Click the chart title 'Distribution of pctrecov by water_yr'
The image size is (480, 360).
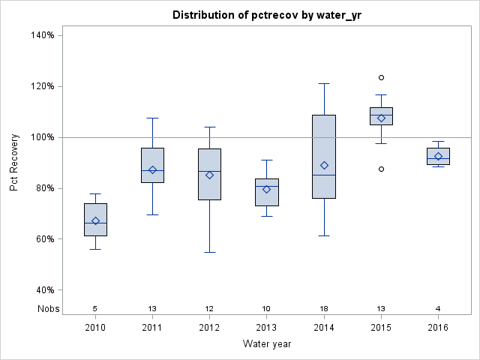tap(266, 15)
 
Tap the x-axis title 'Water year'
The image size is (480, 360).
tap(266, 343)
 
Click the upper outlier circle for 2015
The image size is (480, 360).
tap(381, 77)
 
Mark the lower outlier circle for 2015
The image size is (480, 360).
tap(381, 169)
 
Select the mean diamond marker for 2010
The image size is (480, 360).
tap(95, 220)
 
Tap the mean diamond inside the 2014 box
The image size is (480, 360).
tap(324, 166)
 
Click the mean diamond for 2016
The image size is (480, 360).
tap(438, 156)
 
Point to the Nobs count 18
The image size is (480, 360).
tap(324, 308)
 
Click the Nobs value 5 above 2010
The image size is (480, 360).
tap(95, 308)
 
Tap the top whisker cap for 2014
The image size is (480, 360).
tap(324, 83)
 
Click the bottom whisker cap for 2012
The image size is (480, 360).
tap(209, 252)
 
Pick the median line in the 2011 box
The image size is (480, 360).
tap(152, 171)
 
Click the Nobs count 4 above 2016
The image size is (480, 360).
tap(438, 308)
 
